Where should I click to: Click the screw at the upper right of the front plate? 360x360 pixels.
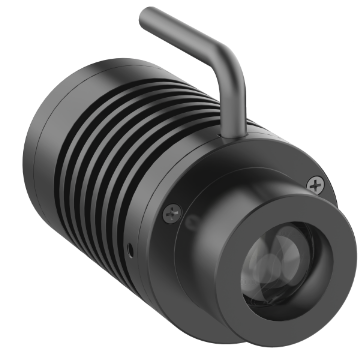(x=318, y=184)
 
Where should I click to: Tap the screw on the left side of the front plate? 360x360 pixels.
(x=172, y=211)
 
